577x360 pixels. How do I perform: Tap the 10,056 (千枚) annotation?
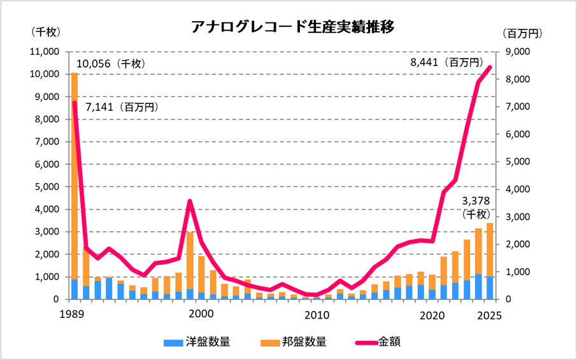coord(111,64)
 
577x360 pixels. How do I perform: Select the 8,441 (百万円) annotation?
coord(445,62)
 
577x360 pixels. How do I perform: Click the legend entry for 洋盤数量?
coord(197,342)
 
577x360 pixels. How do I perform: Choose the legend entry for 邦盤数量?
coord(294,342)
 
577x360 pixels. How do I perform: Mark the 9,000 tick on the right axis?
coord(515,52)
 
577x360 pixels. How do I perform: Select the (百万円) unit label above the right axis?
coord(521,32)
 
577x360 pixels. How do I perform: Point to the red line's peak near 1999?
coord(190,201)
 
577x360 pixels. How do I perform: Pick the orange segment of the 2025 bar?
coord(490,248)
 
